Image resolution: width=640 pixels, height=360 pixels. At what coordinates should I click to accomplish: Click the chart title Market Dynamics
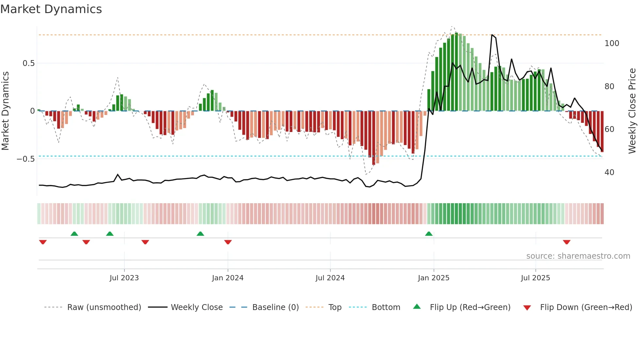(51, 9)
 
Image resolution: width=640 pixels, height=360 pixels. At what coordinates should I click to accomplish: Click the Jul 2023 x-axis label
(124, 278)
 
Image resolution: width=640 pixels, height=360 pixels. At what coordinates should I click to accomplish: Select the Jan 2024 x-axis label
(228, 278)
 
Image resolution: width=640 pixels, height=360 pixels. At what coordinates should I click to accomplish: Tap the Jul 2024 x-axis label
(330, 278)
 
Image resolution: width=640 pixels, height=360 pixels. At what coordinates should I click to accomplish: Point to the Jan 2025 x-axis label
(434, 278)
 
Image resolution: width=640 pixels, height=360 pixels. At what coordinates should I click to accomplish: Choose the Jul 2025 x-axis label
(536, 278)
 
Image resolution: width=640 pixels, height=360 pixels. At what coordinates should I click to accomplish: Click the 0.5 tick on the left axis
(28, 63)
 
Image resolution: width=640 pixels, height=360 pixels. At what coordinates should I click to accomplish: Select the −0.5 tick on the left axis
(26, 159)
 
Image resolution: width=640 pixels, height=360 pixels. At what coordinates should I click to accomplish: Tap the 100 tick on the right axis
(612, 43)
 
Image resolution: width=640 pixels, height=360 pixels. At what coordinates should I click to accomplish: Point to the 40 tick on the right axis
(609, 172)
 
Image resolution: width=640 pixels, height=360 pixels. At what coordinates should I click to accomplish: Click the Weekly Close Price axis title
(632, 111)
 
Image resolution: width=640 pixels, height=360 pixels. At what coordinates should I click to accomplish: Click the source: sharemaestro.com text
(578, 256)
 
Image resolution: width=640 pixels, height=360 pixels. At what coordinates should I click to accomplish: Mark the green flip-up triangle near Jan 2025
(429, 234)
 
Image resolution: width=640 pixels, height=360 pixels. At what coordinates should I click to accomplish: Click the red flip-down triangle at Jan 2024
(228, 242)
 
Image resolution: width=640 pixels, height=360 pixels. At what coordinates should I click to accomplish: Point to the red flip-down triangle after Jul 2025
(567, 242)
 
